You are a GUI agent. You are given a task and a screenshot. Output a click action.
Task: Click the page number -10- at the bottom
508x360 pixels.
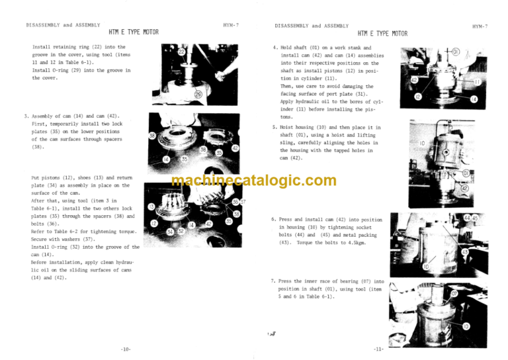pos(126,348)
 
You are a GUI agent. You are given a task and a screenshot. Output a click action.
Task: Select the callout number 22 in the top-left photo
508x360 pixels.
pos(181,52)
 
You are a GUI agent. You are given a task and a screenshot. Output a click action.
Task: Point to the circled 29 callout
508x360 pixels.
pos(198,94)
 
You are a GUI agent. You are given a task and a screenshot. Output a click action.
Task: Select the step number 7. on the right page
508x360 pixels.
pos(275,281)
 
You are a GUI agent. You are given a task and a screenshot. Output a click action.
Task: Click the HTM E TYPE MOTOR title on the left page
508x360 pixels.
pos(133,32)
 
